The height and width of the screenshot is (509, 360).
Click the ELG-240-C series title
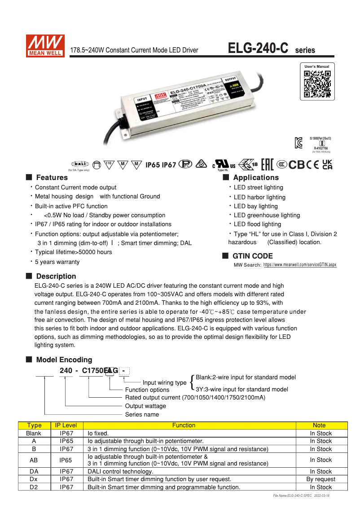coord(271,48)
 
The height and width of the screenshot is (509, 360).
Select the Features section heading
coord(52,178)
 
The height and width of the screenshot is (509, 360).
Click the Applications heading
coord(256,178)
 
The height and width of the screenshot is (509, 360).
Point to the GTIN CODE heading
coord(252,256)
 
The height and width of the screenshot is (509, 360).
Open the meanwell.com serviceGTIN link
coord(299,265)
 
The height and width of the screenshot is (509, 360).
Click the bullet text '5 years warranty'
coord(57,262)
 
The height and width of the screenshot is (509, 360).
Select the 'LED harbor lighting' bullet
coord(259,197)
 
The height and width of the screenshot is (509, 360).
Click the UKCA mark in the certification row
coord(328,165)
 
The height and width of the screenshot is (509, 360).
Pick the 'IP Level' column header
coord(66,426)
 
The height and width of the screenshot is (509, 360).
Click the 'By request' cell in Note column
coord(321,479)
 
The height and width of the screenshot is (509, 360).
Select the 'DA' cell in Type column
coord(34,472)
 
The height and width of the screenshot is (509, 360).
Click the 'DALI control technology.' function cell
coord(120,472)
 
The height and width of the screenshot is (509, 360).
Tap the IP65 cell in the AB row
coord(66,460)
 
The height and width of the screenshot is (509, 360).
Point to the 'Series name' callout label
coord(142,414)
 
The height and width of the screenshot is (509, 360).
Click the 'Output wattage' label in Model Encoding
coord(145,406)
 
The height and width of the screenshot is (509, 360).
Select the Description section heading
coord(56,276)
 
